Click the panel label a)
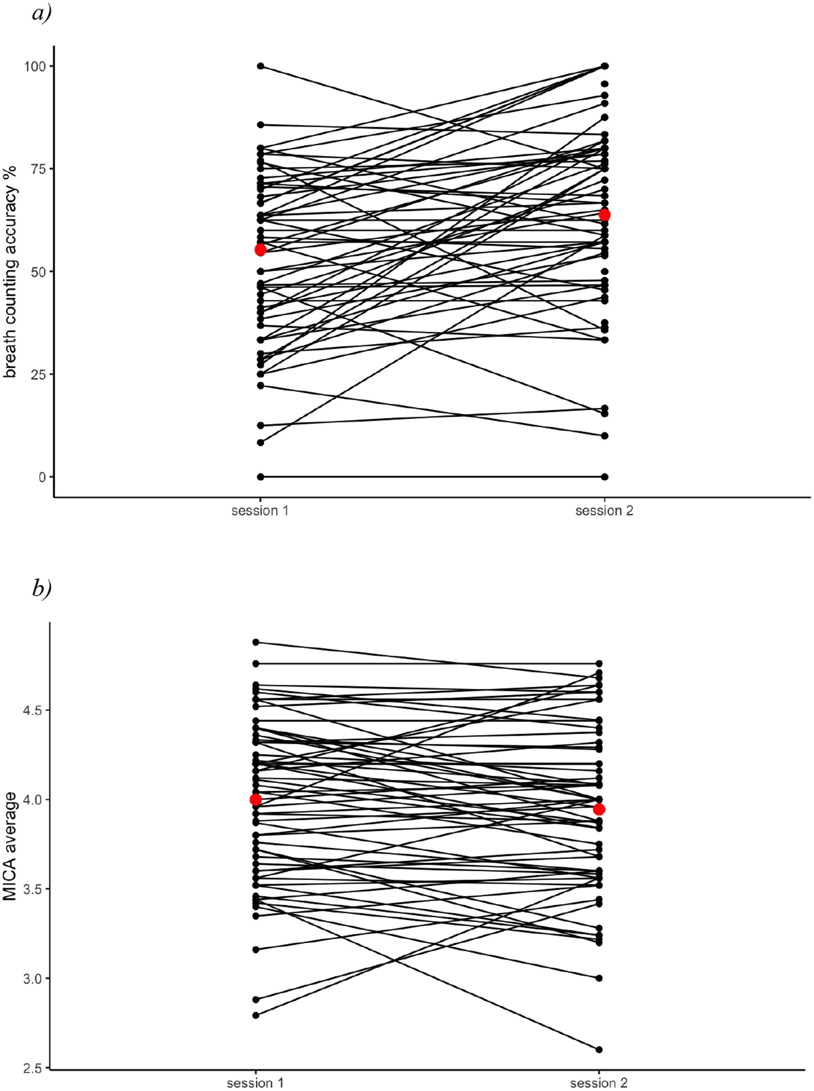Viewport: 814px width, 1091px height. click(x=42, y=13)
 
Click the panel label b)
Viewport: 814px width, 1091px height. click(x=42, y=588)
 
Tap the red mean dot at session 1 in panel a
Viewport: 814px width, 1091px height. click(x=260, y=250)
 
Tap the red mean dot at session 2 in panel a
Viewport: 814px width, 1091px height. click(x=604, y=215)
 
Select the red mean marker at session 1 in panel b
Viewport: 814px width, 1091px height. click(x=255, y=799)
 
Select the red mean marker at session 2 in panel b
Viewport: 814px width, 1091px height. click(x=599, y=810)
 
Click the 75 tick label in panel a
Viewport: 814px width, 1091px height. click(x=37, y=168)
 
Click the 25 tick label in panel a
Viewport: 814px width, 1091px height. click(x=37, y=374)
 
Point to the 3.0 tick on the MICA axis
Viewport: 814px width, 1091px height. click(x=33, y=978)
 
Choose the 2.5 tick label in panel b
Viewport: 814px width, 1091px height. click(x=33, y=1067)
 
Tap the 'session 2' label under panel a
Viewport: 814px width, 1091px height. click(x=604, y=511)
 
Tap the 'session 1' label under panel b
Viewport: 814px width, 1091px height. click(x=255, y=1083)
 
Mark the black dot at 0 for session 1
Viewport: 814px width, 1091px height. click(x=260, y=477)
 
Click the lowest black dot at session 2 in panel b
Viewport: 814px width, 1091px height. click(x=599, y=1049)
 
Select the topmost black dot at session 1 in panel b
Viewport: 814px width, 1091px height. click(x=255, y=642)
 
